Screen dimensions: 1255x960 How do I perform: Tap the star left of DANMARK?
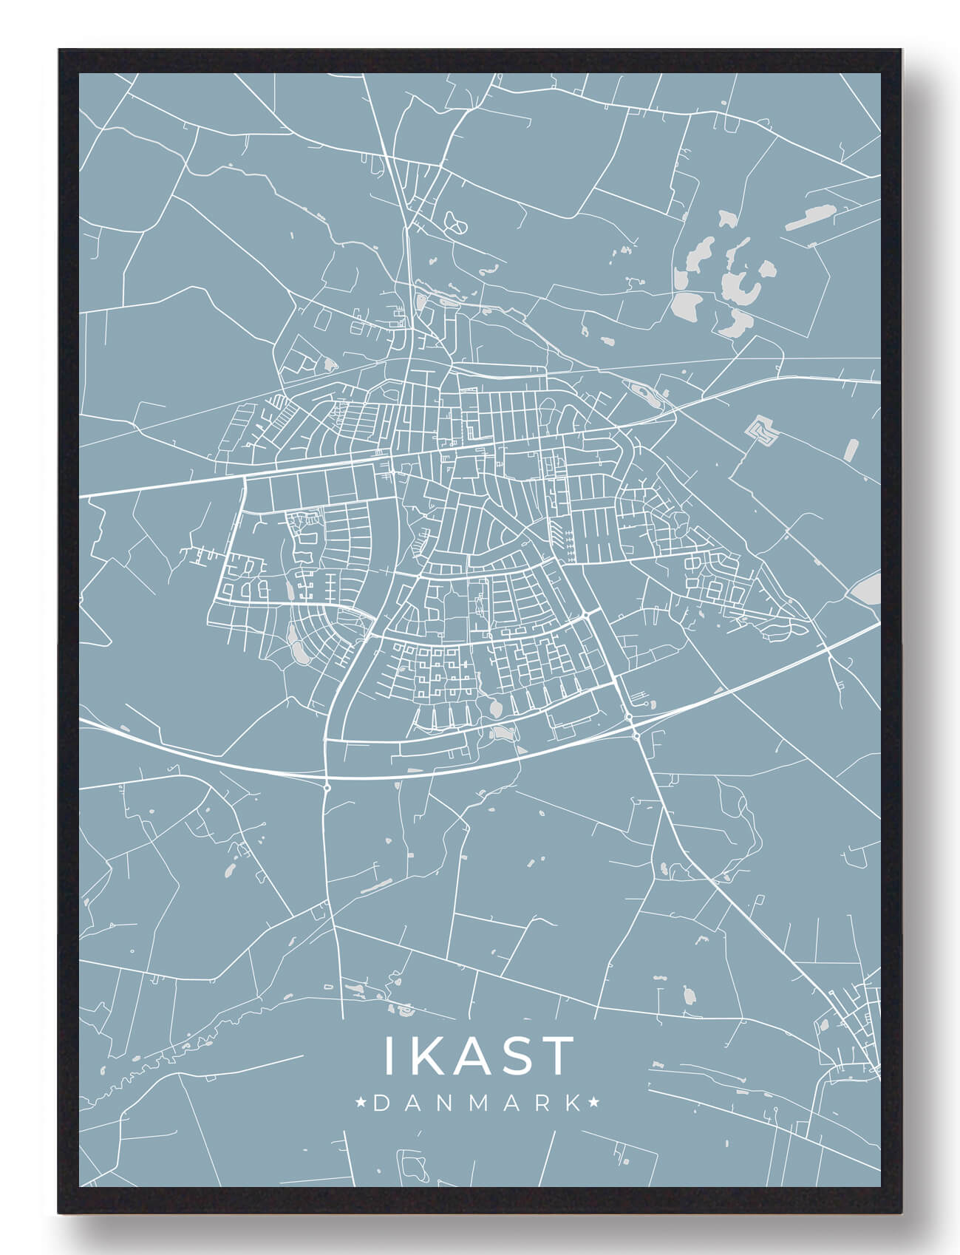coord(361,1103)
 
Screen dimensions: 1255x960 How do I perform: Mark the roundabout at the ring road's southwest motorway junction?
coord(326,789)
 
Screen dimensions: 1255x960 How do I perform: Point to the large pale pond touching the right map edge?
coord(864,589)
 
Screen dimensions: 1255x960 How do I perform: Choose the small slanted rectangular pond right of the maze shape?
coord(853,450)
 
